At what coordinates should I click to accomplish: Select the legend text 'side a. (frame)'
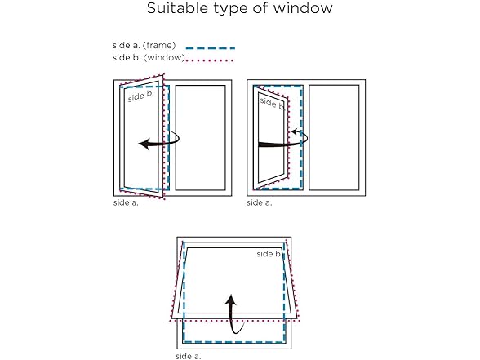(144, 46)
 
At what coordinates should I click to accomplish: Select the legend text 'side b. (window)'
(149, 57)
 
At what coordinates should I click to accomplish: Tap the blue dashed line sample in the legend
(211, 48)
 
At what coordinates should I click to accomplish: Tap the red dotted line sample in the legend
(210, 60)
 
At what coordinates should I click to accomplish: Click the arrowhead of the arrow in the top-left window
(144, 144)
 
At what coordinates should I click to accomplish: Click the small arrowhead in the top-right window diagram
(293, 132)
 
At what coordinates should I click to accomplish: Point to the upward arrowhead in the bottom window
(230, 300)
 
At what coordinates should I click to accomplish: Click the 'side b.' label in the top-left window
(140, 96)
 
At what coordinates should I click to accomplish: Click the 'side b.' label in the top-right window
(272, 104)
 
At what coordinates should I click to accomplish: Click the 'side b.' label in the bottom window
(269, 254)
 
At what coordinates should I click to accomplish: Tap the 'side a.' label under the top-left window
(126, 202)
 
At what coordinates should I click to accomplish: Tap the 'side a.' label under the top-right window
(260, 202)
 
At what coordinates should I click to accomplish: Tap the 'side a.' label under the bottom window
(189, 356)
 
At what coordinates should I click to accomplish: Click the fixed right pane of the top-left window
(201, 138)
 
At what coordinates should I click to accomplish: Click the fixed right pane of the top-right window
(334, 138)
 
